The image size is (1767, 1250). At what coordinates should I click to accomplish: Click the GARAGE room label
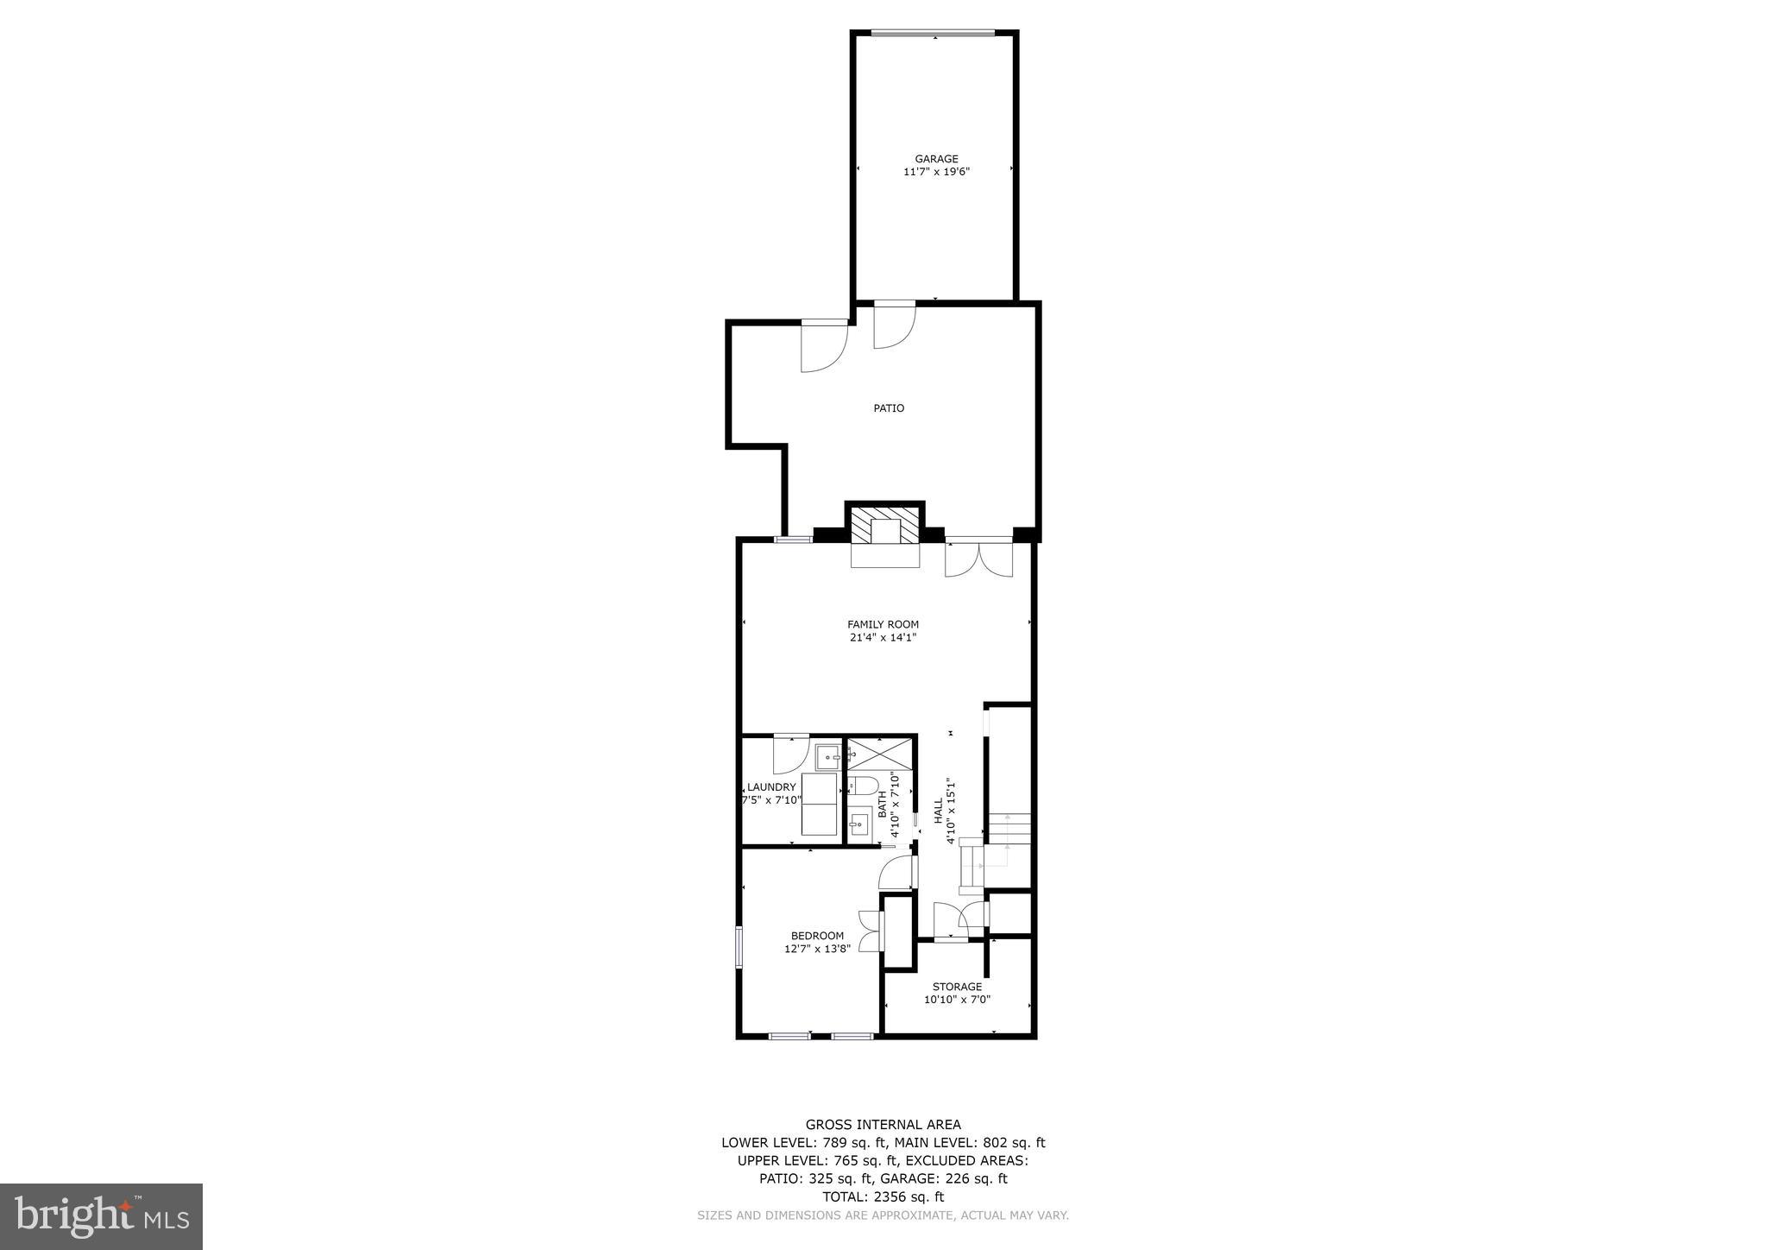click(x=936, y=159)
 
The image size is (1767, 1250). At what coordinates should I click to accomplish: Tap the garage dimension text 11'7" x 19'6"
click(x=936, y=172)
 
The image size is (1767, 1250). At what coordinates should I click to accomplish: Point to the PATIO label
click(x=888, y=408)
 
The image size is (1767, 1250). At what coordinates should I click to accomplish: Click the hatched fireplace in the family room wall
click(x=884, y=526)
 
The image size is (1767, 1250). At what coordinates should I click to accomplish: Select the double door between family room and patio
click(x=978, y=558)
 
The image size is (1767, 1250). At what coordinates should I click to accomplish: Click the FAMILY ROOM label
click(x=883, y=624)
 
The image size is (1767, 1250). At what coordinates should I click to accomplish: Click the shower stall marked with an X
click(x=880, y=754)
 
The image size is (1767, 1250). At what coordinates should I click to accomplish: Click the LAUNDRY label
click(x=771, y=787)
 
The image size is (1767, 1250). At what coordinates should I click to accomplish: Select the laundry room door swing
click(x=790, y=753)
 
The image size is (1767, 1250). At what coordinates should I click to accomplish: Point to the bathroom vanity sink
click(x=859, y=824)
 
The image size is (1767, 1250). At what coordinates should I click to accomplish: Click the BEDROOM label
click(x=817, y=936)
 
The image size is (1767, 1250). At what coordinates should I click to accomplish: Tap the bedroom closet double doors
click(x=870, y=931)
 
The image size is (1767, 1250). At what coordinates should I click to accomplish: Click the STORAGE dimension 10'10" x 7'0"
click(x=957, y=1000)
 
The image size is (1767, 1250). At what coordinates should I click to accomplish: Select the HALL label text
click(x=938, y=811)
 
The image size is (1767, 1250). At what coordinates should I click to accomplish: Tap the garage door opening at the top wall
click(x=932, y=34)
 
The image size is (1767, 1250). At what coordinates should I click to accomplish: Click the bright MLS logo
click(x=101, y=1216)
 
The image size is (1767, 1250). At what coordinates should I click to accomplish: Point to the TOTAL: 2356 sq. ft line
click(x=883, y=1196)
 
